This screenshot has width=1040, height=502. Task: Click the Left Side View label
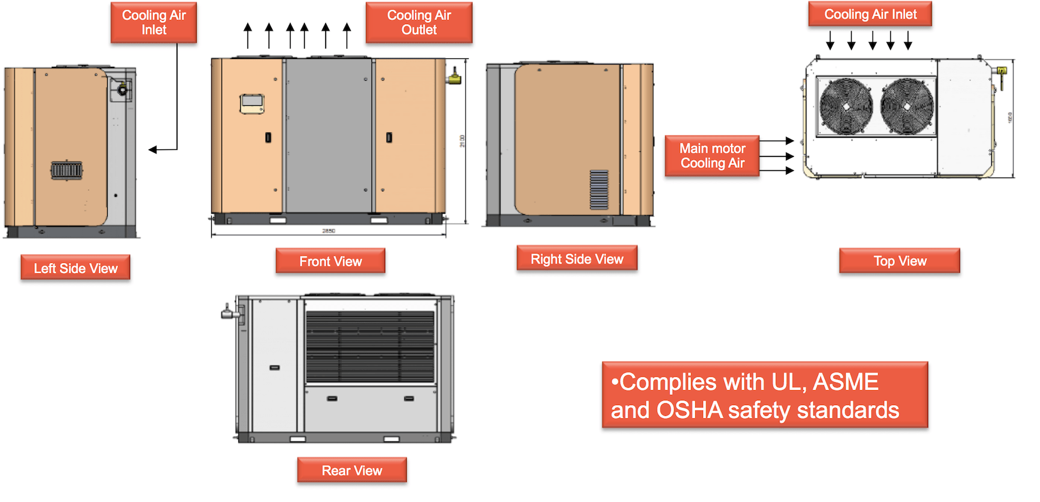click(x=75, y=268)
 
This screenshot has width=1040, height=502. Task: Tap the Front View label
click(x=330, y=261)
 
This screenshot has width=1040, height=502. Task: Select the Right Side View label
click(x=577, y=259)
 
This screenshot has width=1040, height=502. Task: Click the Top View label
click(x=899, y=261)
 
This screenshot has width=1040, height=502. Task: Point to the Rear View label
click(x=351, y=470)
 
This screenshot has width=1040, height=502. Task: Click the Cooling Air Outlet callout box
click(x=419, y=22)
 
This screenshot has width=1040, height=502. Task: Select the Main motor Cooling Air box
click(x=712, y=156)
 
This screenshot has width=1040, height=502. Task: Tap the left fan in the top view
click(x=846, y=107)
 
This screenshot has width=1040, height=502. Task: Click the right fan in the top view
click(x=907, y=107)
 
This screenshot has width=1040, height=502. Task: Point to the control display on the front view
click(x=252, y=104)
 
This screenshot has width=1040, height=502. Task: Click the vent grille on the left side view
click(x=66, y=170)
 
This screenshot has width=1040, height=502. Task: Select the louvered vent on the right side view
click(x=599, y=190)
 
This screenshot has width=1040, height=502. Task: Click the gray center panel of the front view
click(x=329, y=135)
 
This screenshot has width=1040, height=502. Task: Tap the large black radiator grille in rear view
click(x=370, y=347)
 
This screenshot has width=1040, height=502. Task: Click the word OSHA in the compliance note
click(x=689, y=411)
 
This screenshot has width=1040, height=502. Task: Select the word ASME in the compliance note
click(x=846, y=382)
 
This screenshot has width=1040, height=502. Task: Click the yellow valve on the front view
click(x=454, y=78)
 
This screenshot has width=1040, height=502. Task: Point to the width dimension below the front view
click(x=329, y=231)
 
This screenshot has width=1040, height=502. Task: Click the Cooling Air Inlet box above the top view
click(x=870, y=14)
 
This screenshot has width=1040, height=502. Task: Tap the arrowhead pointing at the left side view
click(x=153, y=149)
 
